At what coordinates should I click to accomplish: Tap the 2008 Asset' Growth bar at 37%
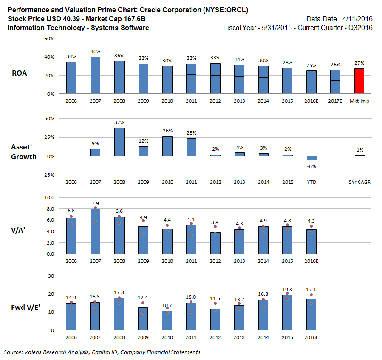[x=119, y=142]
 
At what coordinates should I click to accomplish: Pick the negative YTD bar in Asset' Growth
[x=312, y=158]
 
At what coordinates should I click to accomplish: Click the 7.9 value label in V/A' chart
[x=95, y=203]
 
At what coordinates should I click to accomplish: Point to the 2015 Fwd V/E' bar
[x=288, y=312]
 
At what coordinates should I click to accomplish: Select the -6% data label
[x=312, y=166]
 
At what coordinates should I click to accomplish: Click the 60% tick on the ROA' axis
[x=49, y=39]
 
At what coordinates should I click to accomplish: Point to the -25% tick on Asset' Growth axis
[x=48, y=175]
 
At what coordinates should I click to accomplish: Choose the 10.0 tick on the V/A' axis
[x=50, y=197]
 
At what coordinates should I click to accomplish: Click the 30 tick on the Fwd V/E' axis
[x=51, y=276]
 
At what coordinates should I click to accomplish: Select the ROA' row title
[x=20, y=73]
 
